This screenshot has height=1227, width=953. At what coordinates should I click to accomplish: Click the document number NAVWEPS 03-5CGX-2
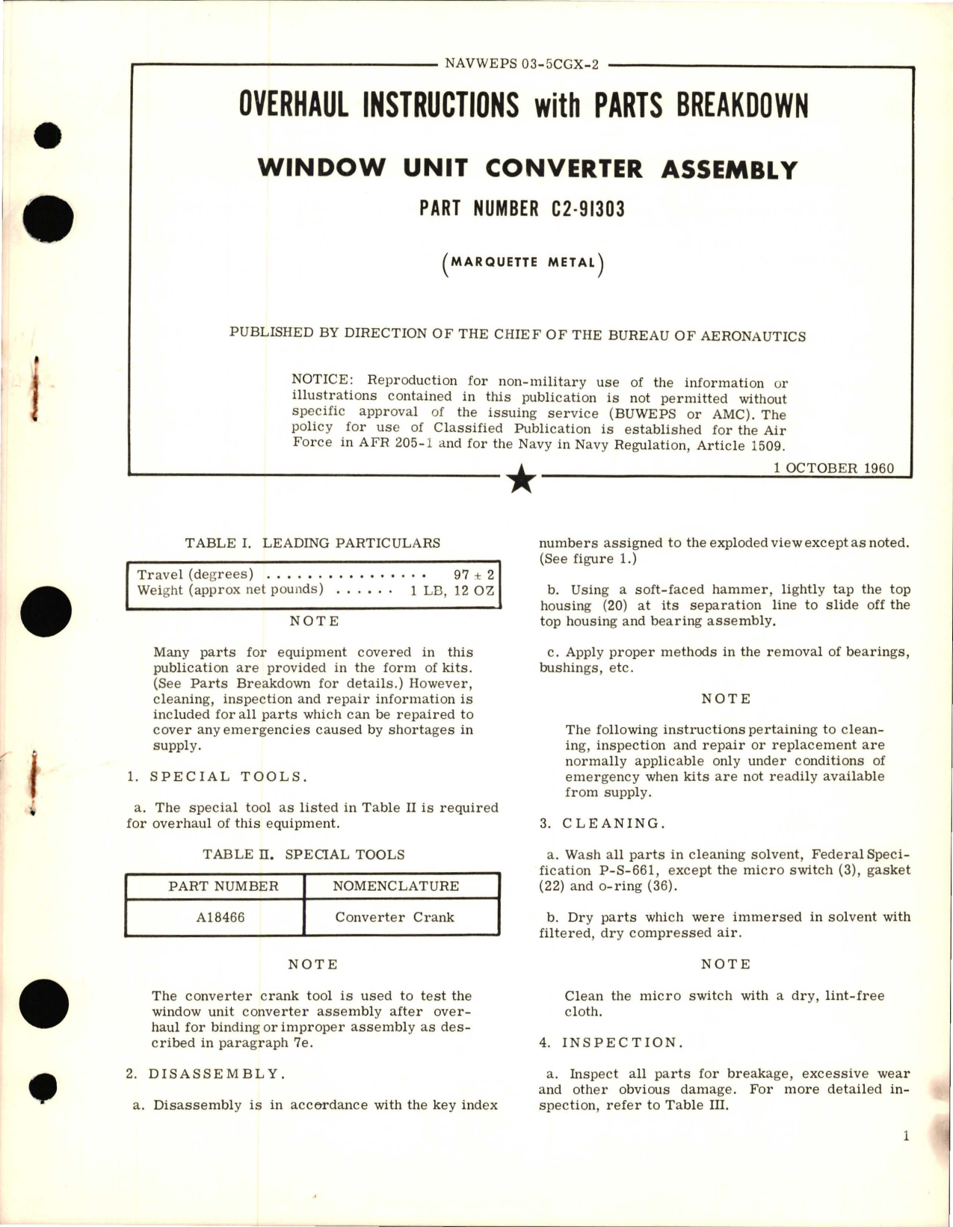(x=522, y=64)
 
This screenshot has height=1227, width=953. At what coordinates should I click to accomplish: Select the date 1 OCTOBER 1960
(x=833, y=469)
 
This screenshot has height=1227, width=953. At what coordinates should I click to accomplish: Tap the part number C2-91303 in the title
(x=587, y=209)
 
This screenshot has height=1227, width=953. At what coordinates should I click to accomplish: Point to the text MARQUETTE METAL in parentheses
(x=522, y=263)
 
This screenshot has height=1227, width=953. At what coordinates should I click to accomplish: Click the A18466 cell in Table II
(x=220, y=917)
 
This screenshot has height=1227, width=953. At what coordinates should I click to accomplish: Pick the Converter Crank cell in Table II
(x=394, y=917)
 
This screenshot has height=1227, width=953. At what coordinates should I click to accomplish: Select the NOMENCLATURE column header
(x=395, y=886)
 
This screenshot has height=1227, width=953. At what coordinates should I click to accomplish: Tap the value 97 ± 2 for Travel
(x=473, y=575)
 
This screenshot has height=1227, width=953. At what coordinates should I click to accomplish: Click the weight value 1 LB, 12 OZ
(x=451, y=590)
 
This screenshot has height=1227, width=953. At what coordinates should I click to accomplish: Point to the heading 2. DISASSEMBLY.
(x=206, y=1074)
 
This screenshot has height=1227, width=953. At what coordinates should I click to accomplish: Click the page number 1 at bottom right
(x=906, y=1137)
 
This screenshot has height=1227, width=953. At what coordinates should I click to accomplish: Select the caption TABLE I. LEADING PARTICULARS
(x=312, y=543)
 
